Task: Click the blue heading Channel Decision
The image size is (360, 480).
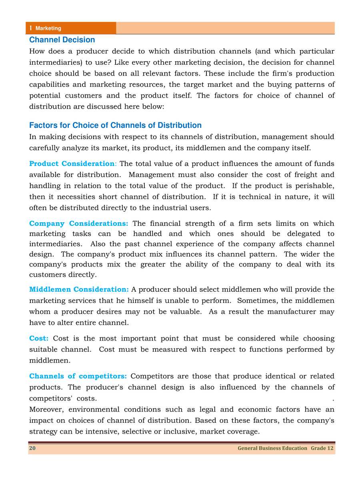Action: tap(62, 40)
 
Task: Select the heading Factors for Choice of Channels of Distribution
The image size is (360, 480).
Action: tap(115, 125)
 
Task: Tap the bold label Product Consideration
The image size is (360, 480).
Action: tap(72, 164)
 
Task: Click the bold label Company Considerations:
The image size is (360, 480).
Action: tap(78, 223)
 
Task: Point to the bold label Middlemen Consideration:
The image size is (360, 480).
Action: tap(79, 289)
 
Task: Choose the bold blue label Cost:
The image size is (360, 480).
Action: tap(39, 339)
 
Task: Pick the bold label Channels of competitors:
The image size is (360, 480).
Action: tap(78, 376)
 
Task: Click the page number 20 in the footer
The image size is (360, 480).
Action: tap(32, 448)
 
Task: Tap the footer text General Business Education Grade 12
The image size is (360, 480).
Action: tap(285, 448)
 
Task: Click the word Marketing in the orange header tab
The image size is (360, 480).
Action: tap(48, 28)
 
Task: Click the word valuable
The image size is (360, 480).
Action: tap(182, 312)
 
